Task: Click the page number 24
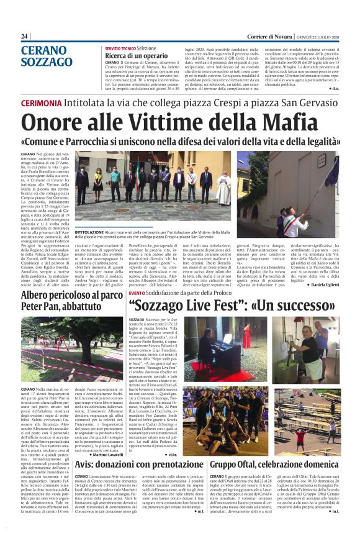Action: click(25, 37)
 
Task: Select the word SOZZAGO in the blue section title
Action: click(46, 62)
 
